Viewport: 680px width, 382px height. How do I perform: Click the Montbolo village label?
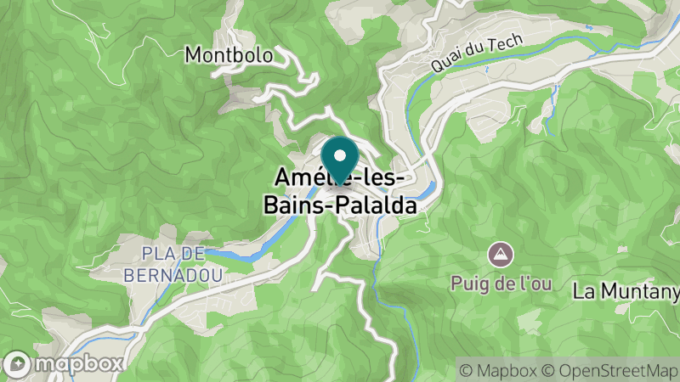229,55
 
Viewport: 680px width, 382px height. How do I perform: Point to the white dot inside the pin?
339,155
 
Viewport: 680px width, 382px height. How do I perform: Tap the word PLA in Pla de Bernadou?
156,254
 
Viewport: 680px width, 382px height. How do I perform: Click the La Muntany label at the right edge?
626,291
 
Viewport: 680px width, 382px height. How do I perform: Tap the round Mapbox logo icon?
18,362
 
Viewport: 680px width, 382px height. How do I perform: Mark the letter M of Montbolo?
193,55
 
